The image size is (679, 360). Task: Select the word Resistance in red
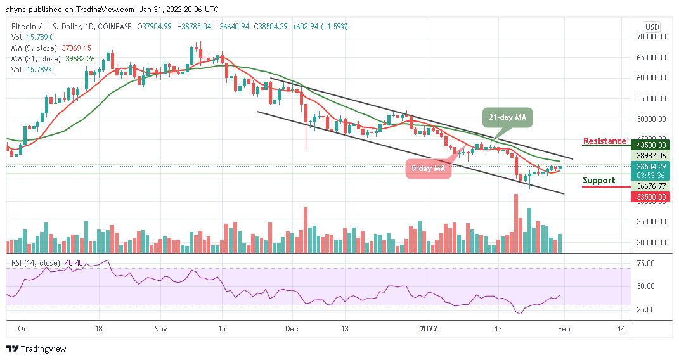(604, 141)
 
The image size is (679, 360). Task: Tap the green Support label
(599, 181)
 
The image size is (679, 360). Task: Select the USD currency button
(651, 27)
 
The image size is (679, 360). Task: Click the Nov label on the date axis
(160, 329)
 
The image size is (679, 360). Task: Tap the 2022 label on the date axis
(428, 329)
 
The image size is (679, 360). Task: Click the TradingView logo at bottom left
(36, 349)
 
